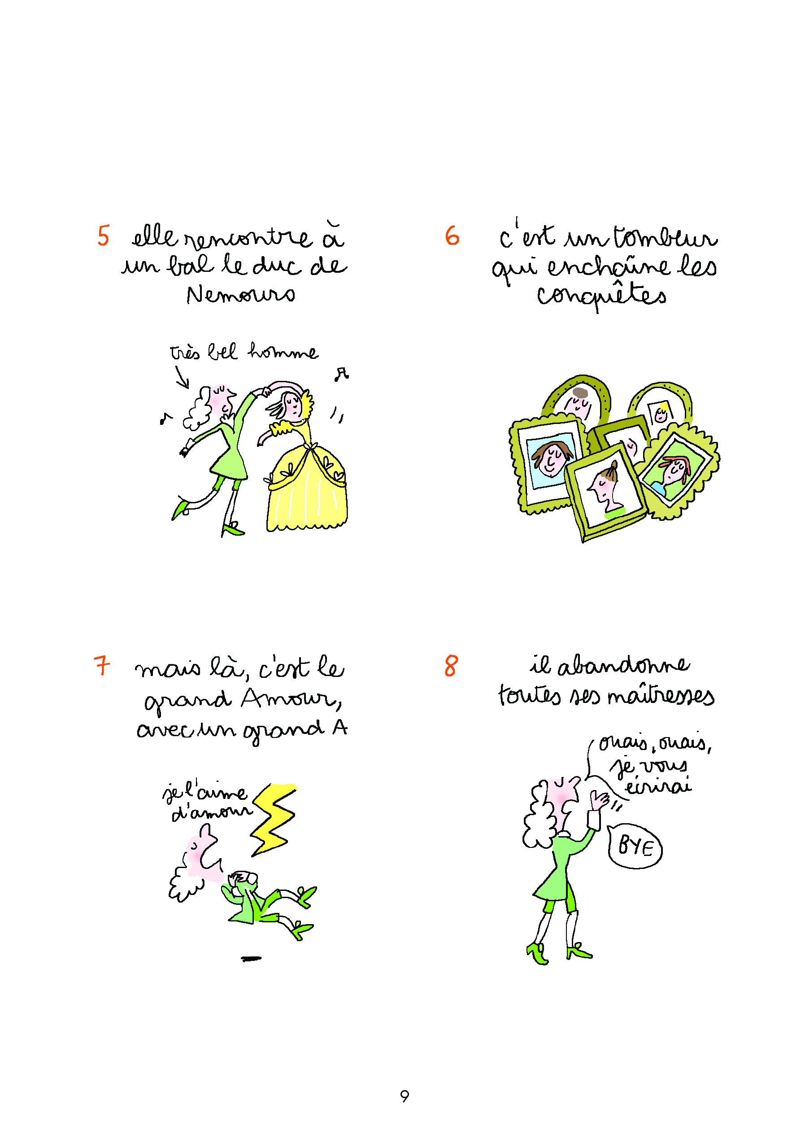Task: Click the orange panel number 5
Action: [103, 236]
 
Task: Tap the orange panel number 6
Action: [452, 236]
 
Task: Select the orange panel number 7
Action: [102, 665]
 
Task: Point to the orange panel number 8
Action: [451, 666]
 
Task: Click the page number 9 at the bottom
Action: [405, 1096]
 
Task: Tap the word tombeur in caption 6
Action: [666, 237]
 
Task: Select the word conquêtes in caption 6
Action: [602, 296]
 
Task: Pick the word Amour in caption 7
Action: [292, 699]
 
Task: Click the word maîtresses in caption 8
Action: [661, 695]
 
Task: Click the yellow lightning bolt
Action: [273, 819]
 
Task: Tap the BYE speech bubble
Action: [635, 846]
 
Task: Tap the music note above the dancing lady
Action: [342, 375]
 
